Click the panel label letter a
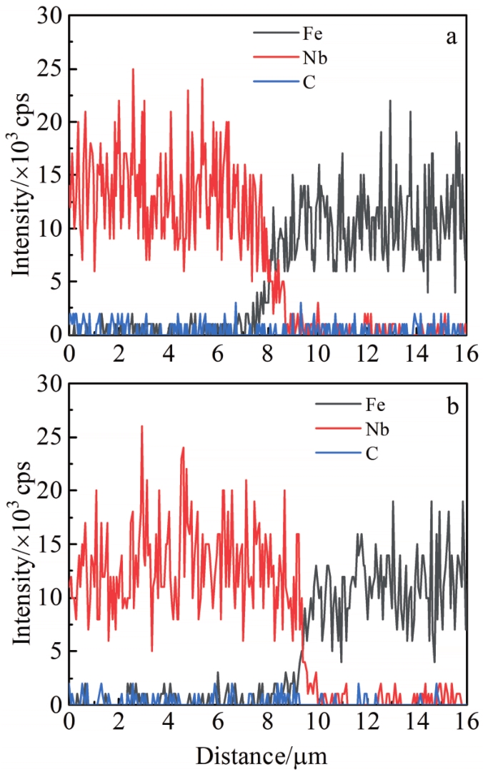point(451,38)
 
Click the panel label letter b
point(451,408)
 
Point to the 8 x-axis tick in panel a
point(268,352)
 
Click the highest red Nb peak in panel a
point(133,69)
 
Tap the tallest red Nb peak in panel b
point(141,427)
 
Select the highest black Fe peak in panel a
point(390,101)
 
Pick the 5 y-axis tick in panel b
point(54,651)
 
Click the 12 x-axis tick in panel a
point(367,352)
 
